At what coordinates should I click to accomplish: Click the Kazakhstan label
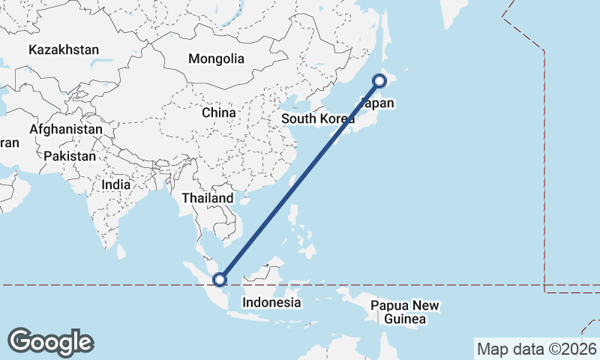pyautogui.click(x=64, y=50)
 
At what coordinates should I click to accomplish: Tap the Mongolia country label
pyautogui.click(x=216, y=58)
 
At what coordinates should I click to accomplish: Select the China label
pyautogui.click(x=219, y=112)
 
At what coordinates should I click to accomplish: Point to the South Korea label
pyautogui.click(x=318, y=119)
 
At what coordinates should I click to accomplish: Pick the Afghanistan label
pyautogui.click(x=66, y=129)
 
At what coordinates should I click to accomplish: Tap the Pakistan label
pyautogui.click(x=70, y=156)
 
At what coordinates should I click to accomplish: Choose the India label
pyautogui.click(x=116, y=184)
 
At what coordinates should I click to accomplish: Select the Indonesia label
pyautogui.click(x=271, y=303)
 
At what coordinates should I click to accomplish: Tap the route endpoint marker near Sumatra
pyautogui.click(x=220, y=280)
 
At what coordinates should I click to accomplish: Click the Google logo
pyautogui.click(x=50, y=342)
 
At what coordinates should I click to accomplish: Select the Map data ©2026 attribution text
pyautogui.click(x=536, y=349)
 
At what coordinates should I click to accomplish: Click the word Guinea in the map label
pyautogui.click(x=404, y=320)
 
